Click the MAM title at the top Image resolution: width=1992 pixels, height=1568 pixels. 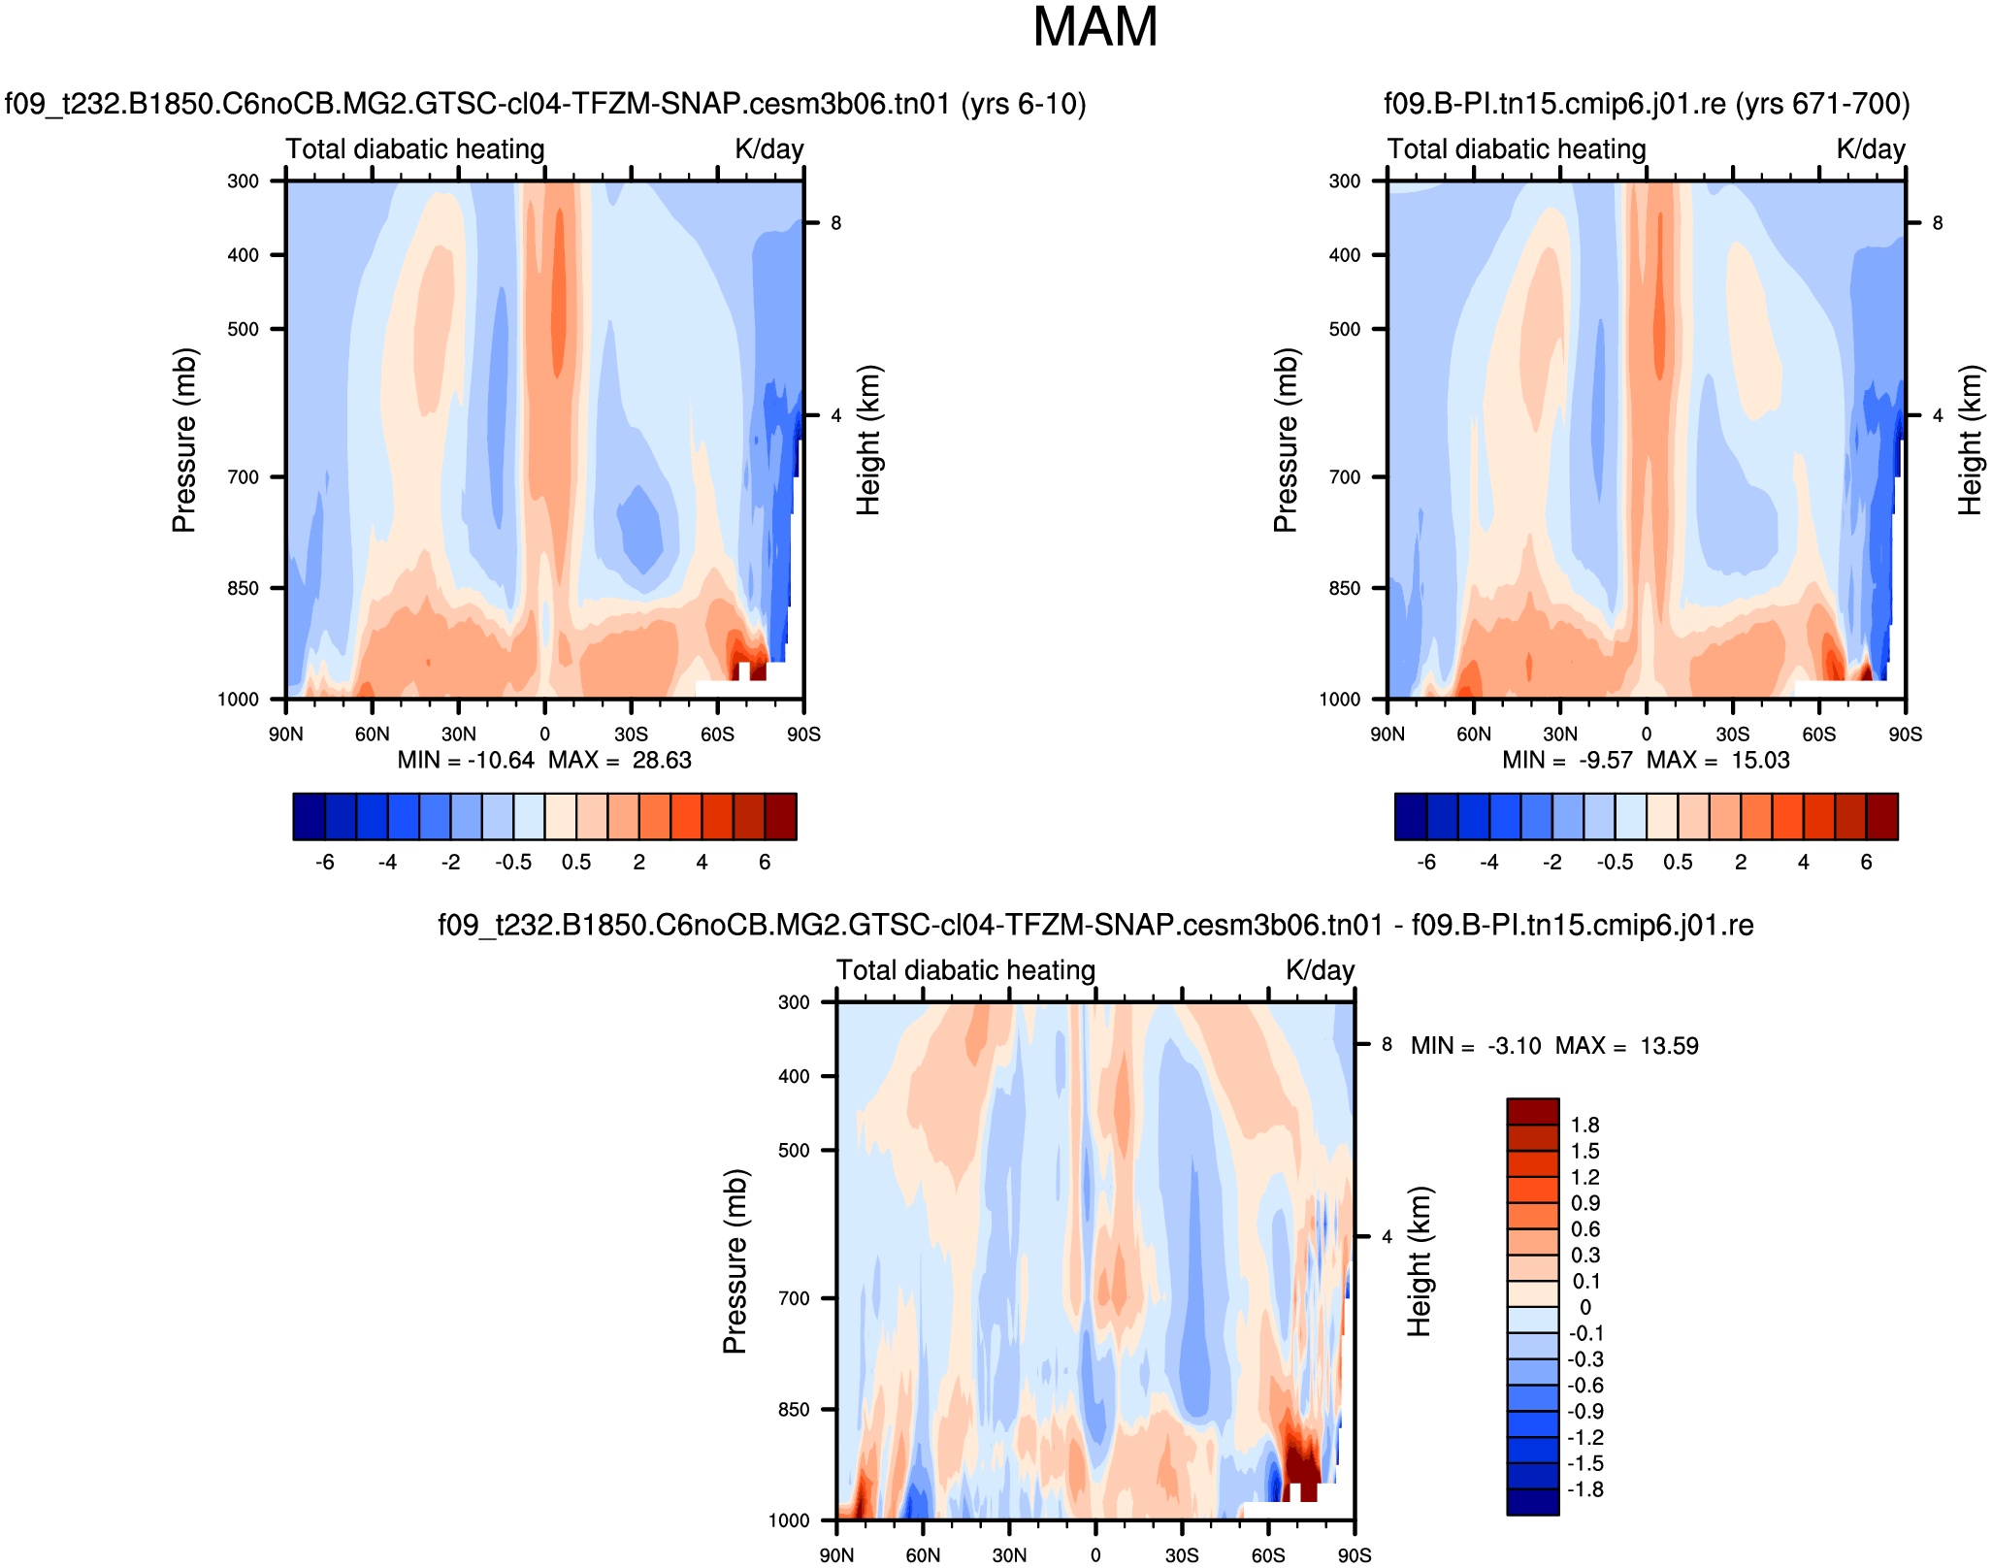click(1094, 27)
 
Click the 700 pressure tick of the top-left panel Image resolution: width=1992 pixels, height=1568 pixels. click(243, 477)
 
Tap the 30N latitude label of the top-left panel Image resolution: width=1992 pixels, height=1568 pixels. click(459, 735)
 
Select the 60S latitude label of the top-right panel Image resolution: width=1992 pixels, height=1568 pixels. click(1819, 735)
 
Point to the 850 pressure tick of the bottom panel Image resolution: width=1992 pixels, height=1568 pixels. click(794, 1410)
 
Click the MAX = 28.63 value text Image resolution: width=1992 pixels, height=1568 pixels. click(620, 761)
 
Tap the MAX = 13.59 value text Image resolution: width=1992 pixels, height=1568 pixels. click(1627, 1046)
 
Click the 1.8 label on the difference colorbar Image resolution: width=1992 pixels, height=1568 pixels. click(1585, 1126)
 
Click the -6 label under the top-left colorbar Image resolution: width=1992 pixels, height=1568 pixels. click(325, 863)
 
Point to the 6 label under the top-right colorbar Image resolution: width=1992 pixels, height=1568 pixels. click(1866, 863)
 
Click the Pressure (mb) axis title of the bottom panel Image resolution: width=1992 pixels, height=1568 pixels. click(735, 1261)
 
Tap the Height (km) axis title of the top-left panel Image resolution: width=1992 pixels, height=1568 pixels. click(868, 440)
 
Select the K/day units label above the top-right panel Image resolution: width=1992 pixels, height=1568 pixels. click(1871, 149)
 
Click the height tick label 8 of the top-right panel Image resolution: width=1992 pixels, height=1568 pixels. click(1938, 223)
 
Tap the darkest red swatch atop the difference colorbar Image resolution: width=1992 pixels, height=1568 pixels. click(1533, 1112)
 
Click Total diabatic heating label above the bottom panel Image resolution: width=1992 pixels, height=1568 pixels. click(965, 970)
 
